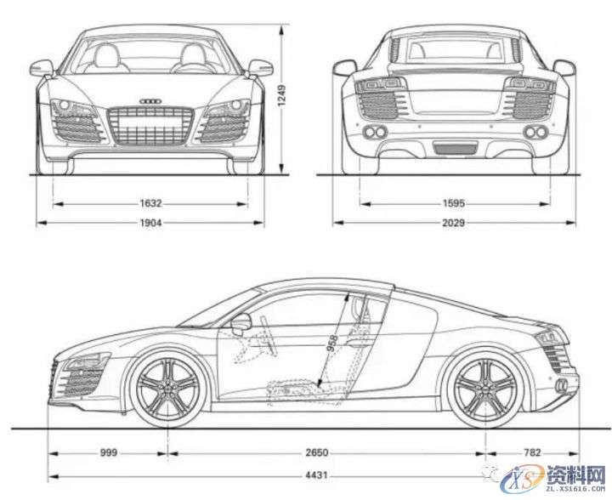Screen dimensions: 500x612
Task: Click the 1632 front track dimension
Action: (152, 204)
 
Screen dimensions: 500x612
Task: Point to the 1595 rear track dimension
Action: (454, 204)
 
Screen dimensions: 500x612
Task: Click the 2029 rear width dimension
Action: (454, 223)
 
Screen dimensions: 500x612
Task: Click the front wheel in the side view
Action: (167, 389)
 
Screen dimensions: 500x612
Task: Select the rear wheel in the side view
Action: (484, 389)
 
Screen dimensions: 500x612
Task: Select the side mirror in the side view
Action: (241, 323)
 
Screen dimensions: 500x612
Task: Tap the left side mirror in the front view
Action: (42, 67)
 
